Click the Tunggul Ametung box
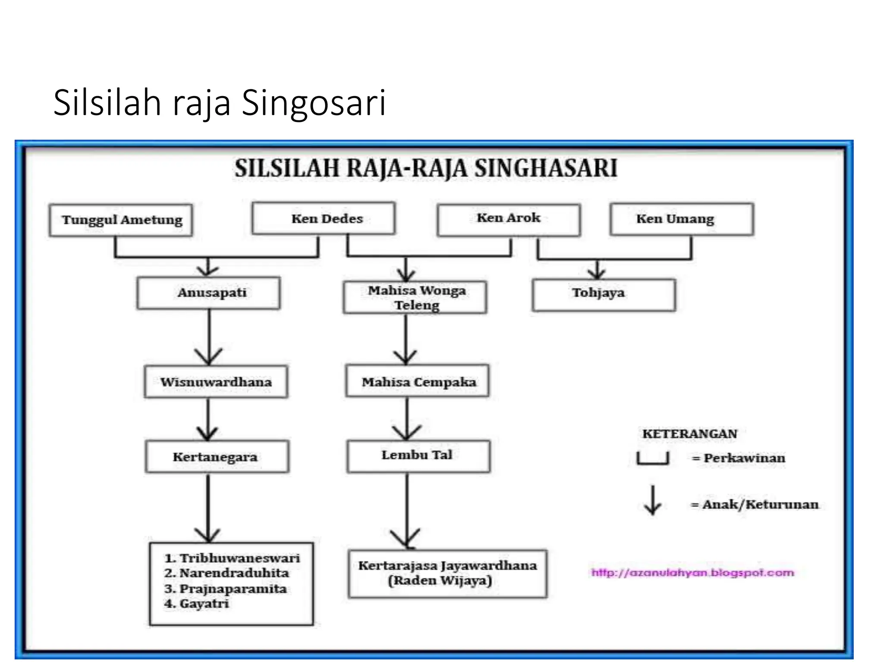point(121,220)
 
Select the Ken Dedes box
point(324,219)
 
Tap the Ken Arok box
point(509,219)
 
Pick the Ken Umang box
point(682,219)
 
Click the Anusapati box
point(209,293)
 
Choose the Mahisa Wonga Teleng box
point(415,297)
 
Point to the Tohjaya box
point(604,295)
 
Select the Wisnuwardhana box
point(216,382)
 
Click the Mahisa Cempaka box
point(417,381)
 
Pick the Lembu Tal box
point(419,456)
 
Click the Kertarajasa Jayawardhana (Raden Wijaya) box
point(448,573)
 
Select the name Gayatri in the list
point(204,604)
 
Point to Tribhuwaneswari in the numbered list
point(239,558)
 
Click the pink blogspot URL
point(692,573)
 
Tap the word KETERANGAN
point(689,434)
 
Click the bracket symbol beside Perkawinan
point(653,459)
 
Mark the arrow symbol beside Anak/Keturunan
point(653,500)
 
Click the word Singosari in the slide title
point(313,103)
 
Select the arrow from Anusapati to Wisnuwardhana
point(209,338)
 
